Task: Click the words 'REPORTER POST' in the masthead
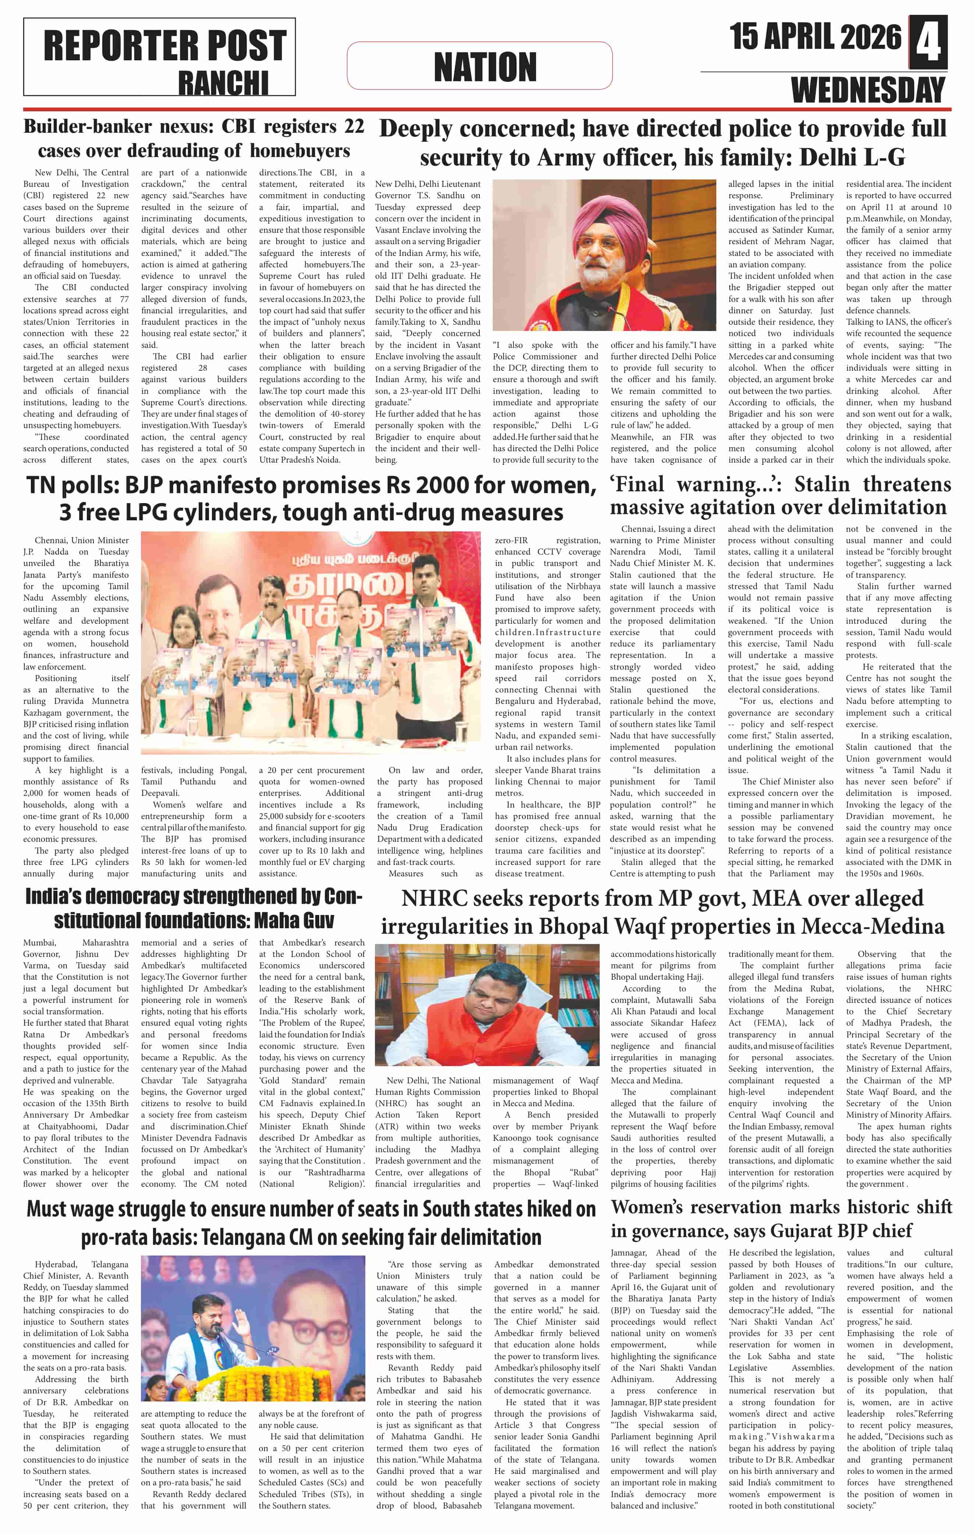tap(164, 46)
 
